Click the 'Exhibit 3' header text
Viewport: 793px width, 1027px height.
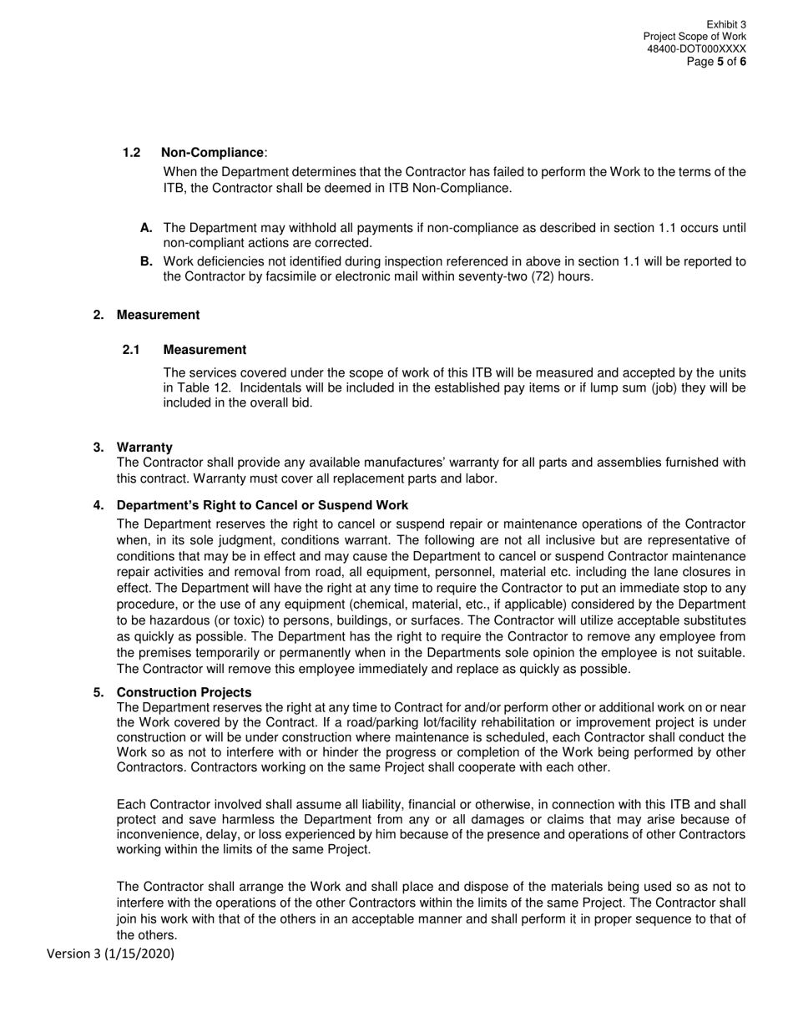[725, 25]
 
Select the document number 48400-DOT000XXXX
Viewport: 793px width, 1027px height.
[696, 49]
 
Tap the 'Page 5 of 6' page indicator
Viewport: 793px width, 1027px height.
[716, 62]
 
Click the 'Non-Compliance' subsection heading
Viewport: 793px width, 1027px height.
[212, 153]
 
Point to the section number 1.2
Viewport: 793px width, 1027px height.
[131, 153]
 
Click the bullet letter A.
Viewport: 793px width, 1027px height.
[146, 228]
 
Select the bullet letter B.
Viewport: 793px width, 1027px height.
[146, 261]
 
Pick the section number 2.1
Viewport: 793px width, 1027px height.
[131, 350]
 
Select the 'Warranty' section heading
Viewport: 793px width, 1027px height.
[144, 448]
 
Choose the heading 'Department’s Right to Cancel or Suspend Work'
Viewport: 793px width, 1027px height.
[262, 505]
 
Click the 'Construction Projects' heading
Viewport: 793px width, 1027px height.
[184, 692]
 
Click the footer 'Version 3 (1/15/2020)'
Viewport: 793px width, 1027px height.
[110, 954]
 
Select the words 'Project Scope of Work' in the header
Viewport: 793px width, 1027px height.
[695, 38]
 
